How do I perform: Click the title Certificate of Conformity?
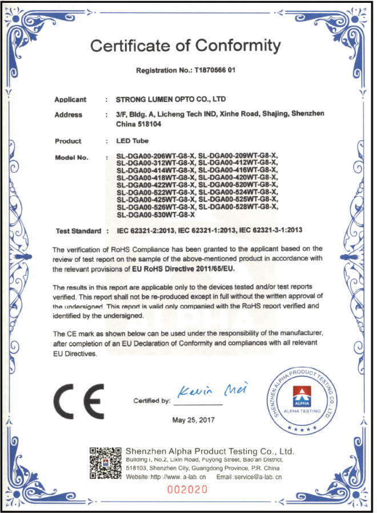pos(186,46)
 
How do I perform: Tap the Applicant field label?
pos(70,100)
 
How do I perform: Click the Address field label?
pos(69,115)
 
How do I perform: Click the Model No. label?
pos(72,157)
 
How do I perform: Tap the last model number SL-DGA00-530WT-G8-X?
pos(156,215)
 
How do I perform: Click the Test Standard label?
pos(79,231)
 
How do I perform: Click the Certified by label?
pos(152,401)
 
